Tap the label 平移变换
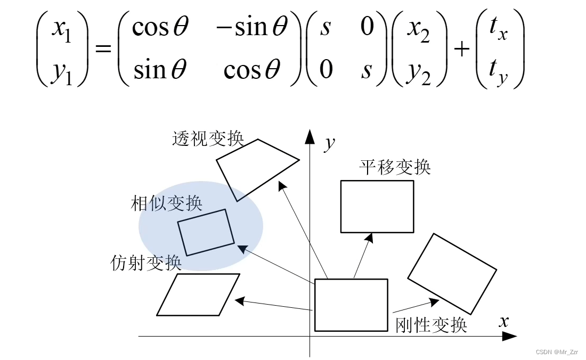pyautogui.click(x=395, y=168)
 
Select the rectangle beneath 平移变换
pyautogui.click(x=377, y=207)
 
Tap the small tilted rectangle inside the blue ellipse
pyautogui.click(x=205, y=232)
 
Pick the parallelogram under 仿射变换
pyautogui.click(x=198, y=294)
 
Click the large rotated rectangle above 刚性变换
pyautogui.click(x=452, y=274)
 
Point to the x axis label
pyautogui.click(x=504, y=321)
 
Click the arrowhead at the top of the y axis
pyautogui.click(x=310, y=136)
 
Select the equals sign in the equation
pyautogui.click(x=103, y=50)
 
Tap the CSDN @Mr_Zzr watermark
pyautogui.click(x=557, y=352)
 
